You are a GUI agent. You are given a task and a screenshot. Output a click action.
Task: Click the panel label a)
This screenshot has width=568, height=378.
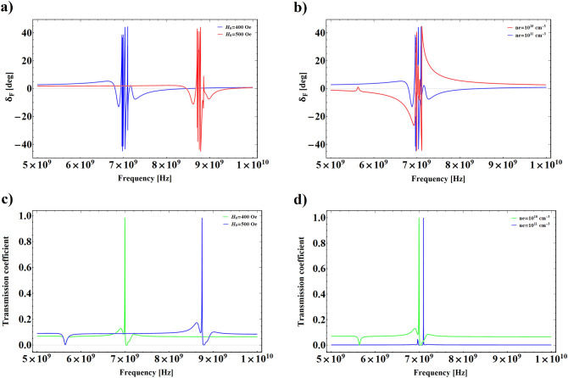pos(8,8)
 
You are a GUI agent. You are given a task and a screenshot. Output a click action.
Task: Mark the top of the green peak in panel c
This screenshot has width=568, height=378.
pos(125,219)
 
